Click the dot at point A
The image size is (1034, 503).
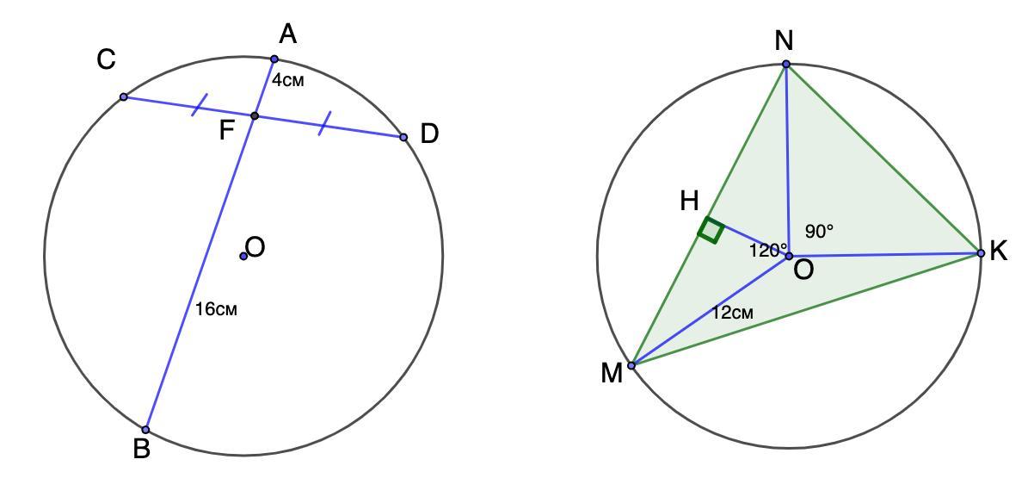point(274,59)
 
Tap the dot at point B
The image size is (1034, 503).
point(146,429)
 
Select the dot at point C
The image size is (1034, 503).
point(124,96)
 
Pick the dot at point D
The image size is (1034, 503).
point(403,137)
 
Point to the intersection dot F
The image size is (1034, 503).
point(255,115)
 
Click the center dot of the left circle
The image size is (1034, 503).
point(243,256)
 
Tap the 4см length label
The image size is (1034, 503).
point(288,81)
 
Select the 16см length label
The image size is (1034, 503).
point(216,309)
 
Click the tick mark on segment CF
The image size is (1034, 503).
point(200,105)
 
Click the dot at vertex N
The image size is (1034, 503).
point(786,65)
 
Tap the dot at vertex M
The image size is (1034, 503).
point(631,366)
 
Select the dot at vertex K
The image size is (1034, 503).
point(981,253)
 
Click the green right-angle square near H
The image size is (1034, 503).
point(711,230)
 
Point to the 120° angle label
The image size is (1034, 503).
point(767,251)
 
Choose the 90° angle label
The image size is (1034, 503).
point(819,232)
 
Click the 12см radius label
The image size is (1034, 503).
point(732,314)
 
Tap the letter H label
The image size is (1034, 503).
point(689,202)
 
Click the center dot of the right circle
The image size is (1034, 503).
point(789,256)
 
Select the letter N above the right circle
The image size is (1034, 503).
point(784,40)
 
